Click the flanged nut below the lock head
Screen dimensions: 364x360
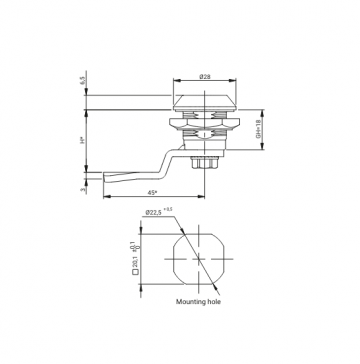(x=202, y=118)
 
